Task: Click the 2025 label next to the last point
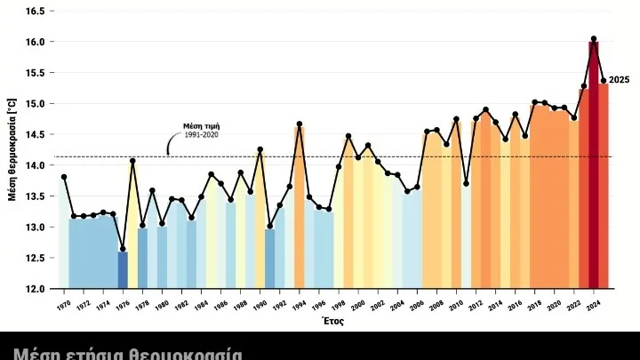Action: tap(620, 80)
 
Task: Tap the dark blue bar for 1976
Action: tap(123, 270)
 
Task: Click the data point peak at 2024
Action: tap(594, 39)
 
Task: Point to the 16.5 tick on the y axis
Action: tap(33, 11)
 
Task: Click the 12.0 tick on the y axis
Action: tap(33, 289)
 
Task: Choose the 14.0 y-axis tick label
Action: tap(33, 165)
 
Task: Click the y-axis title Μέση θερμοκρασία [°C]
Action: tap(12, 149)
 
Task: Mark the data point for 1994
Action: tap(300, 124)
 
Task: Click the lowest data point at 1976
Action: tap(123, 250)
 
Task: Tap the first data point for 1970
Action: tap(64, 177)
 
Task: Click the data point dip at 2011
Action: tap(466, 183)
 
